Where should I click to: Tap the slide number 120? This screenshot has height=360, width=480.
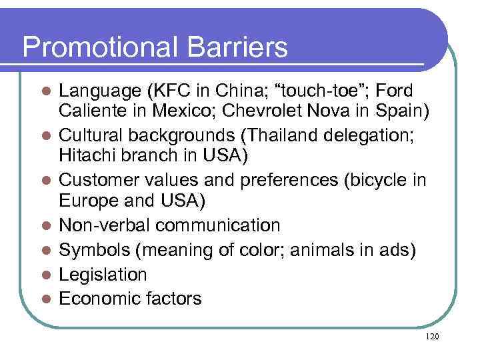(x=431, y=337)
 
